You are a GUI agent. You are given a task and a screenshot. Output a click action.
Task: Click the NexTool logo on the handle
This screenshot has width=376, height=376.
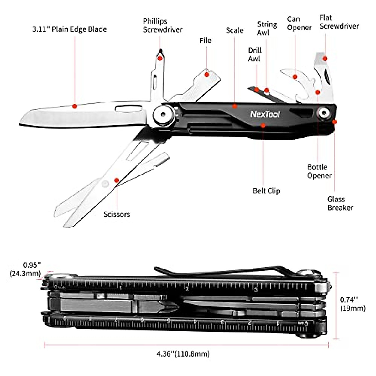pos(265,114)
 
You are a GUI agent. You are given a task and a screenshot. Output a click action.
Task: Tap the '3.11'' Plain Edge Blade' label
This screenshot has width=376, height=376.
pos(69,29)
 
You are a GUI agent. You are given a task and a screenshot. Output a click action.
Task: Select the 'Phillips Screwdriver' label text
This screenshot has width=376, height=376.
pos(163,25)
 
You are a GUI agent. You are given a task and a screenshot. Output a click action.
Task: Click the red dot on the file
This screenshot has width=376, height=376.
pos(206,74)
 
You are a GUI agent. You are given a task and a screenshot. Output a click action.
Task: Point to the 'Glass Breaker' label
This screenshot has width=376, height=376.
pos(340,203)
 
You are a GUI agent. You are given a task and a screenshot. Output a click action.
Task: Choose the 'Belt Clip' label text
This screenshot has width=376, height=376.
pos(266,191)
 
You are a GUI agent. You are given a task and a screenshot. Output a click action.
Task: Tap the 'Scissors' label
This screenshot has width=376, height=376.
pos(117,214)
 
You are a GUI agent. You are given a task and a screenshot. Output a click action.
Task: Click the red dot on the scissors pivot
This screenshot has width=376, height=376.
pos(117,180)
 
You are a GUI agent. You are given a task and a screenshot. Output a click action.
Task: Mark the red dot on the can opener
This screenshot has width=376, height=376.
pos(295,76)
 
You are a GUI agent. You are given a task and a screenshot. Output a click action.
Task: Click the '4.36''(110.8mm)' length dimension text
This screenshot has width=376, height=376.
pos(183,354)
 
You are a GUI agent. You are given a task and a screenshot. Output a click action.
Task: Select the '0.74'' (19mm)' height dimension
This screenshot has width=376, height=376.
pos(352,304)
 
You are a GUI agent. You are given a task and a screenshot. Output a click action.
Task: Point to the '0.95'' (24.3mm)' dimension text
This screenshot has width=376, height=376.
pos(25,269)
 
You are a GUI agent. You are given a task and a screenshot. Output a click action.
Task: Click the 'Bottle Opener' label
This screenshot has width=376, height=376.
pos(319,171)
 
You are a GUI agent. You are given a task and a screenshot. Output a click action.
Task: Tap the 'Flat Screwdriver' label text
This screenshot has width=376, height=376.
pos(339,22)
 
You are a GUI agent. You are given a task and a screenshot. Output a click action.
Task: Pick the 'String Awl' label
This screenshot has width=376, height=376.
pos(267,28)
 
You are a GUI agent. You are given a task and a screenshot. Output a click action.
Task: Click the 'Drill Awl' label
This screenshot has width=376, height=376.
pos(254,55)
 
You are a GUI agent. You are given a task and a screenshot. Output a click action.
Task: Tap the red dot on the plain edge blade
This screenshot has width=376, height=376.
pos(75,106)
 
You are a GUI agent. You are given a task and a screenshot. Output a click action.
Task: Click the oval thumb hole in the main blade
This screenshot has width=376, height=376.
pos(128,108)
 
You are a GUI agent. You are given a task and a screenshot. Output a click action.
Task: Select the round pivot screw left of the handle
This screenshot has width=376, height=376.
pos(163,114)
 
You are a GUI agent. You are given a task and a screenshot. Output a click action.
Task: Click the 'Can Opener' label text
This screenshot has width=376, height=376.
pos(299,23)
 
